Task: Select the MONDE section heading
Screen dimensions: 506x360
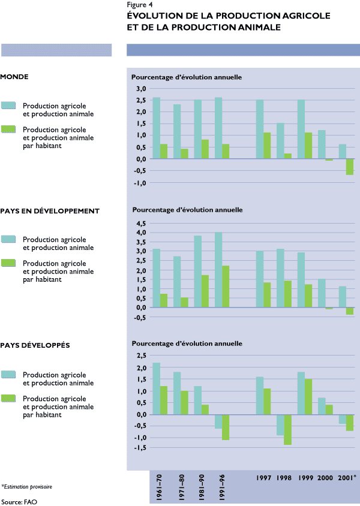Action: pyautogui.click(x=15, y=77)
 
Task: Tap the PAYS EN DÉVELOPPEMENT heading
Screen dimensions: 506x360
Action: pyautogui.click(x=50, y=211)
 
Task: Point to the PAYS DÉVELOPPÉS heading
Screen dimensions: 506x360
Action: pyautogui.click(x=35, y=346)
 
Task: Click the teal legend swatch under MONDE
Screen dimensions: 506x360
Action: pyautogui.click(x=8, y=106)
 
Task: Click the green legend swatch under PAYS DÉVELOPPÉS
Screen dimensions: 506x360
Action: pyautogui.click(x=8, y=398)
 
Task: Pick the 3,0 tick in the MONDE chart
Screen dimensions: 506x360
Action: pyautogui.click(x=142, y=89)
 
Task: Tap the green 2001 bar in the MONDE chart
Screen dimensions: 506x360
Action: pyautogui.click(x=349, y=167)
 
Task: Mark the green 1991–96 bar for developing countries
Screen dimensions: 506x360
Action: pyautogui.click(x=226, y=287)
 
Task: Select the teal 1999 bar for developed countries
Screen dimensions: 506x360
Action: pyautogui.click(x=301, y=393)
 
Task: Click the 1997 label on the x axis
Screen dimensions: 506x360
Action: pyautogui.click(x=264, y=478)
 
